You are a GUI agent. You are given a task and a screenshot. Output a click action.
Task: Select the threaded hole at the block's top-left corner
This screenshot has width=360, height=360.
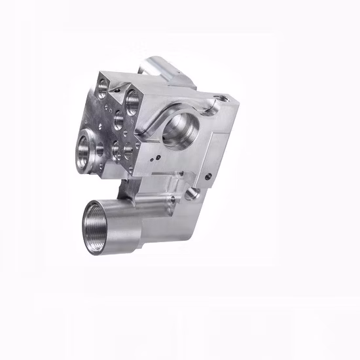(x=103, y=84)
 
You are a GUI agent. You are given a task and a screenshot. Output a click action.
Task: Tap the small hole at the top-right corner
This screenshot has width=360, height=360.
(x=221, y=99)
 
